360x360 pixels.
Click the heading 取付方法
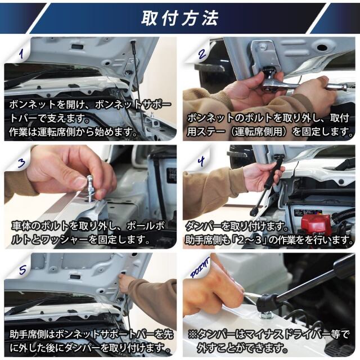pos(179,18)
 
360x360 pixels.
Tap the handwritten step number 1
pos(22,54)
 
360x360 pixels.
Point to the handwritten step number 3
pos(21,163)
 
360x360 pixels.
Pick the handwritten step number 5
pos(22,270)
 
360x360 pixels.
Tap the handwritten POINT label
pos(200,267)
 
